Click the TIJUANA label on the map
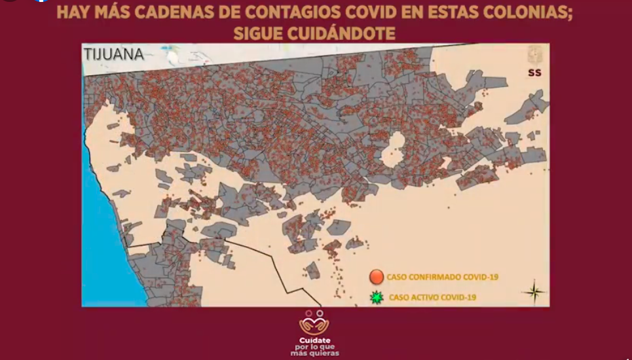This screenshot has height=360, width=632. click(113, 54)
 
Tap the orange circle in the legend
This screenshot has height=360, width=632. click(376, 277)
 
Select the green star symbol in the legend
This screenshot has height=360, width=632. click(376, 298)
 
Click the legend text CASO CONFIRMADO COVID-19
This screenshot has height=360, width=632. click(442, 277)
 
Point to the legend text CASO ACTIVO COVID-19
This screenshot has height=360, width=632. click(432, 298)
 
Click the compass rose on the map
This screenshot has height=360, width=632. click(534, 291)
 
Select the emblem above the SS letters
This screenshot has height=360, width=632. click(534, 55)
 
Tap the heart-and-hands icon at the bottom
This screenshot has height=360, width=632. click(315, 323)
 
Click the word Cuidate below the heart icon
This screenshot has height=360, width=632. click(315, 340)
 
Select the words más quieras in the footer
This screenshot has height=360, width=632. click(315, 354)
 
